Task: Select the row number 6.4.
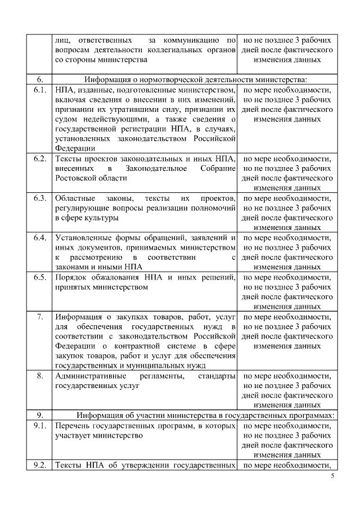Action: (39, 237)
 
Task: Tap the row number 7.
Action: (39, 317)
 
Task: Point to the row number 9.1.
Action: (39, 425)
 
